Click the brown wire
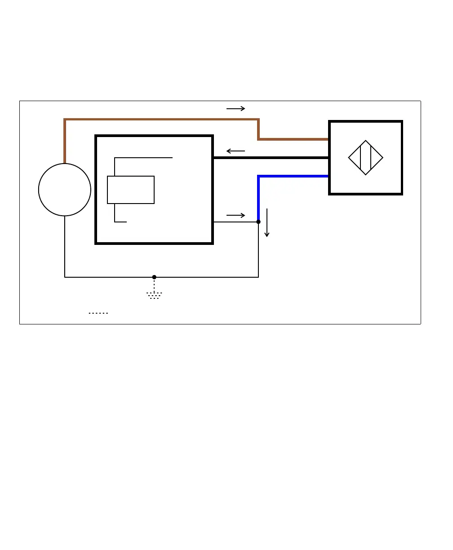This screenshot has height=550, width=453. pos(162,120)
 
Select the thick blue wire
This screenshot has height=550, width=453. pos(292,176)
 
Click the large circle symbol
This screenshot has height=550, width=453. pos(65,190)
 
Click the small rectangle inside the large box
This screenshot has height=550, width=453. pos(131,190)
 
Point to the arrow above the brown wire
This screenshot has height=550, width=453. pos(235,109)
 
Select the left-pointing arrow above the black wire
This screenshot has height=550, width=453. pos(235,151)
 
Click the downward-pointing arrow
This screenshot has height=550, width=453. pos(267,222)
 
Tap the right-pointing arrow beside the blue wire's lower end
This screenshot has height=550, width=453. pos(235,216)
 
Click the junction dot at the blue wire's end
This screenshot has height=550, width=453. pos(258,222)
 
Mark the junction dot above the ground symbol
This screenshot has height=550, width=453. pos(154,277)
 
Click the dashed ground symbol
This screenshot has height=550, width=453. pos(154,295)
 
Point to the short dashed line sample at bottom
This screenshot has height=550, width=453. pos(98,313)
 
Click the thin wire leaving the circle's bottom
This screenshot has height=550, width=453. pos(65,247)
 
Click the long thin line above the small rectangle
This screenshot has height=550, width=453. pos(144,158)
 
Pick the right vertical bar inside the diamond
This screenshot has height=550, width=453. pos(371,158)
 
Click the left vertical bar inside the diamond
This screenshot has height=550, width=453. pos(360,158)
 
